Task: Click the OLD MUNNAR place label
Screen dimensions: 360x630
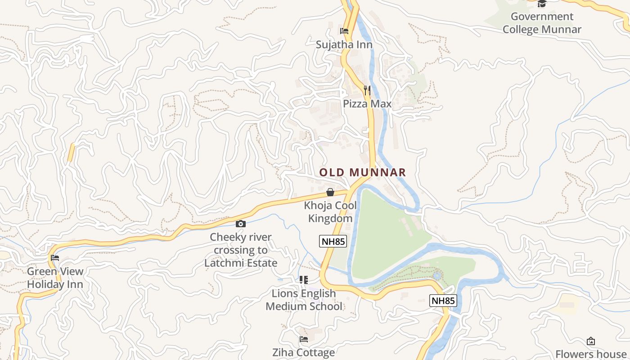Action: coord(362,172)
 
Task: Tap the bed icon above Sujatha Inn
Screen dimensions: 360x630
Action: coord(344,31)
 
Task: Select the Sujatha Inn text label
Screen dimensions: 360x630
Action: coord(344,45)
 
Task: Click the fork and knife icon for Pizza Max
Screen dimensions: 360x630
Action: coord(367,90)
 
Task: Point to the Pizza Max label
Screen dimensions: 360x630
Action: coord(367,104)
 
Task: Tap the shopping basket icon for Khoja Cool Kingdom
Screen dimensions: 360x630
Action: coord(330,193)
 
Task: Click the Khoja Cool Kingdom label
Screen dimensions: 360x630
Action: coord(330,212)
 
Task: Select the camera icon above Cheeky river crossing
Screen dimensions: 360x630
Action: coord(241,224)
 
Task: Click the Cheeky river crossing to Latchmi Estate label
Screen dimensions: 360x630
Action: coord(241,250)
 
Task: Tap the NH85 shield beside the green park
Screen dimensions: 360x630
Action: coord(333,241)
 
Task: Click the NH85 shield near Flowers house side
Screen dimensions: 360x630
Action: coord(443,301)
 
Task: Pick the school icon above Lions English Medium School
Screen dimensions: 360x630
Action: coord(304,280)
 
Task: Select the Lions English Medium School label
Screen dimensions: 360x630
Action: coord(304,300)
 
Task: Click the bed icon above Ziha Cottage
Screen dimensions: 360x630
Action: coord(304,339)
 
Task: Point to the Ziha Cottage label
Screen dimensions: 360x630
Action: coord(304,352)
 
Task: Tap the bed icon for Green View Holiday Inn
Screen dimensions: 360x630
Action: coord(55,258)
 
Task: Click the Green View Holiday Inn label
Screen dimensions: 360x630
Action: coord(55,278)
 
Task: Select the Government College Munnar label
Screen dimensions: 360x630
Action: coord(542,23)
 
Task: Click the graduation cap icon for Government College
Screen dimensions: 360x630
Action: coord(542,4)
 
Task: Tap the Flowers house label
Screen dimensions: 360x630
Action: coord(590,354)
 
